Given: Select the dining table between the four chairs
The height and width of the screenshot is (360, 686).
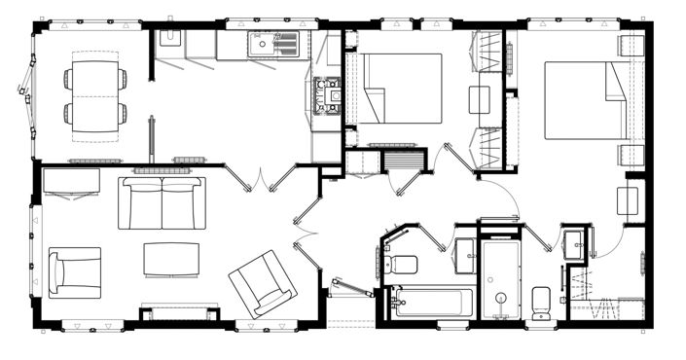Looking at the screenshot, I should pyautogui.click(x=95, y=95).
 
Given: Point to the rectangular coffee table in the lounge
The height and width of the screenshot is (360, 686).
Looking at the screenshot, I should pyautogui.click(x=171, y=259).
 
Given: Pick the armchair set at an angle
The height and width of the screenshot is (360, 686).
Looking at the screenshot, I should pyautogui.click(x=262, y=282).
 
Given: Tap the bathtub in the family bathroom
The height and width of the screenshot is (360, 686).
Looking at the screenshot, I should pyautogui.click(x=429, y=301).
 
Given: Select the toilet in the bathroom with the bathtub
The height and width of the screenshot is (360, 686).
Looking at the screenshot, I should pyautogui.click(x=402, y=263).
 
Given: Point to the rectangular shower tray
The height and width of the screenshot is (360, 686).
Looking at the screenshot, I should pyautogui.click(x=503, y=279).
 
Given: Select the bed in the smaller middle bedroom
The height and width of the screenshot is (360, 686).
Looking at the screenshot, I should pyautogui.click(x=399, y=88).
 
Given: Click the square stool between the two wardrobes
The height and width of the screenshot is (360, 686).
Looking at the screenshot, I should pyautogui.click(x=480, y=100).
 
